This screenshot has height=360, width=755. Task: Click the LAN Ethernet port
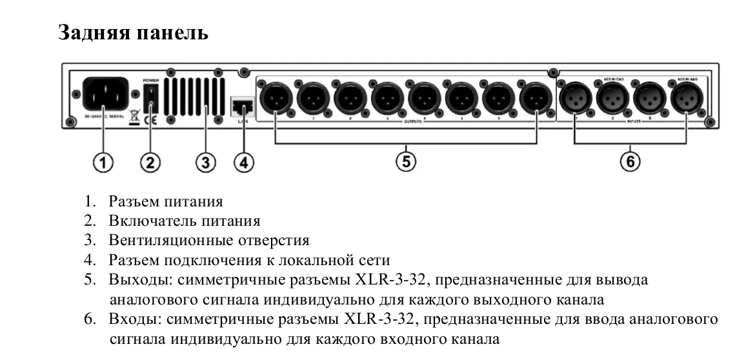click(x=241, y=104)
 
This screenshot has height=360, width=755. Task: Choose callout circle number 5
click(x=405, y=162)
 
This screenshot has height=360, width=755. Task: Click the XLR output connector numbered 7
click(x=313, y=98)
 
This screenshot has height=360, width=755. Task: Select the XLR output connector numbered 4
click(x=423, y=98)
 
